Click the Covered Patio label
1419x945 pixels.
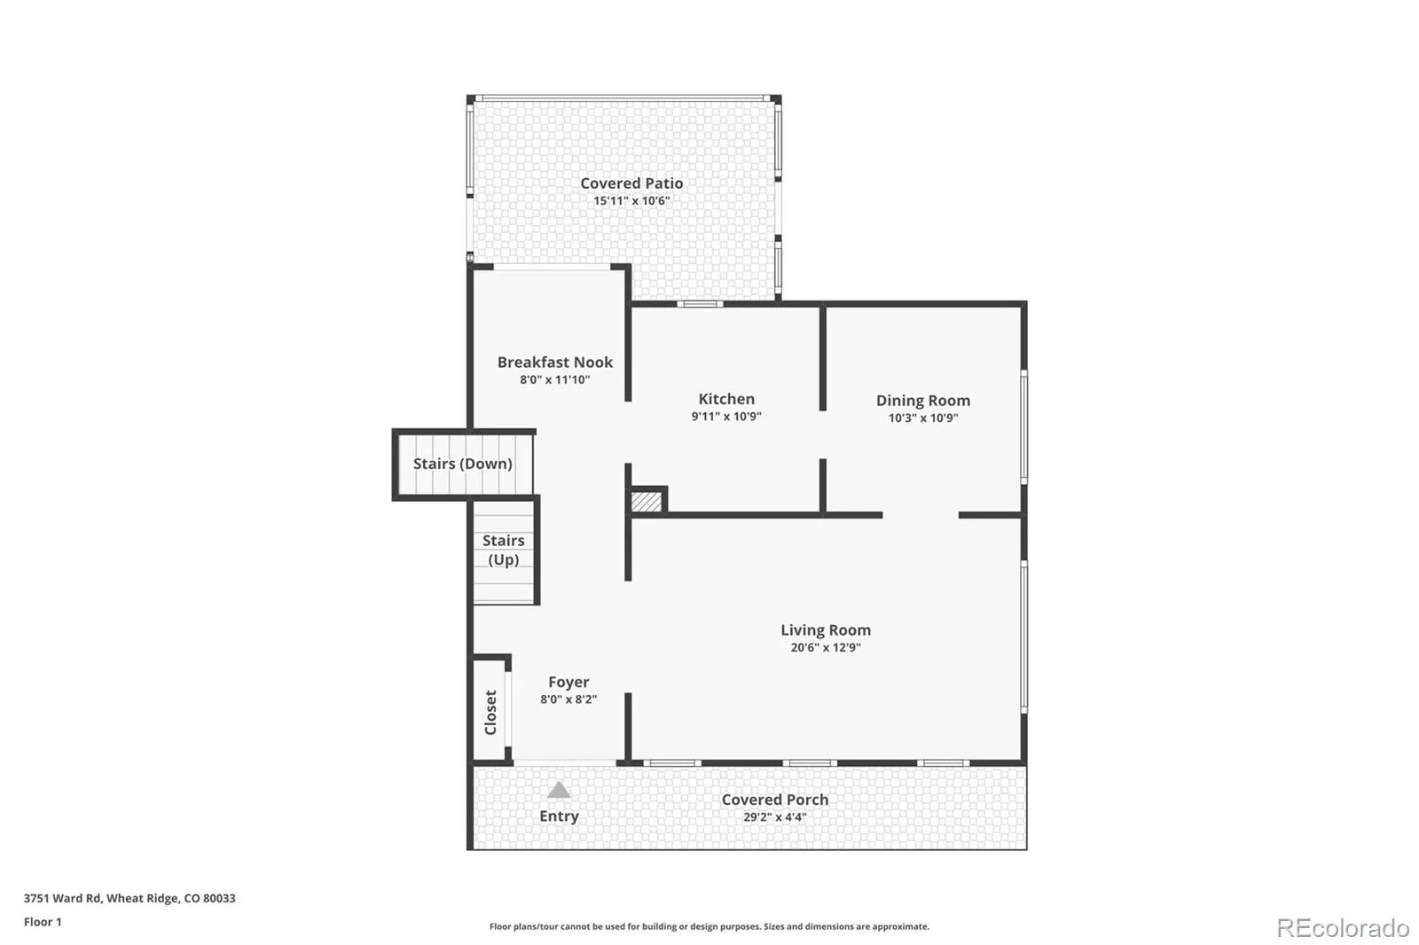(x=631, y=184)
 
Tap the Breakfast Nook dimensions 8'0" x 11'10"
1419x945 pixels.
(x=555, y=380)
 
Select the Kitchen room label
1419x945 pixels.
(x=726, y=399)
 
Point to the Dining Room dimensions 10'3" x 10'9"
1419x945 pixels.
(x=923, y=418)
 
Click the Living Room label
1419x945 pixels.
(x=826, y=630)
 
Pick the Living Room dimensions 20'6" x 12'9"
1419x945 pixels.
(x=826, y=647)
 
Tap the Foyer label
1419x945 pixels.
(x=568, y=682)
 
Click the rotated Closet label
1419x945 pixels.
(x=490, y=713)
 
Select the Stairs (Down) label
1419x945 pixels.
(x=462, y=464)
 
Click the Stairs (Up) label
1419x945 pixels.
(x=504, y=550)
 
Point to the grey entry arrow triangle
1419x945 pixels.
(x=559, y=790)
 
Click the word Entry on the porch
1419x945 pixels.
(x=559, y=816)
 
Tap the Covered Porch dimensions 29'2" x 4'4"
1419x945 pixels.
(x=775, y=817)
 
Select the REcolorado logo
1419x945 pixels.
(x=1343, y=928)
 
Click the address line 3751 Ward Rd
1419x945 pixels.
(x=129, y=898)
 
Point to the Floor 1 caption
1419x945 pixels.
(x=43, y=922)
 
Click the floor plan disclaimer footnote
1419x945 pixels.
(x=709, y=926)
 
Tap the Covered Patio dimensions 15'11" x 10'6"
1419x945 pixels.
(x=631, y=200)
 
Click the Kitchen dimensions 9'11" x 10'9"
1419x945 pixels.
(x=726, y=417)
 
